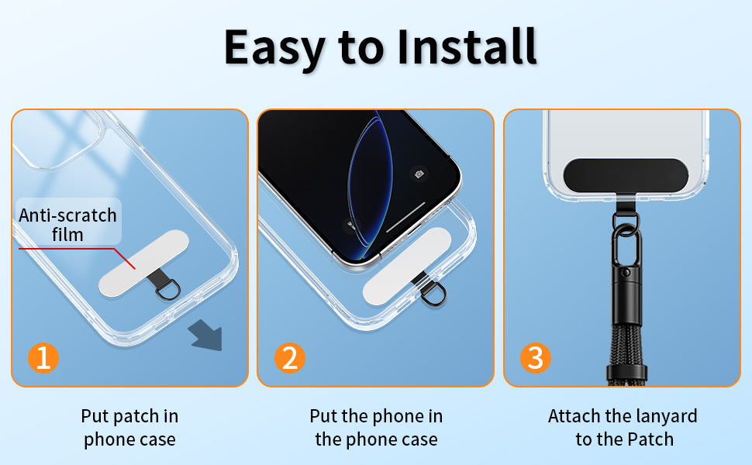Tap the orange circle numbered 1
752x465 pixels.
tap(43, 357)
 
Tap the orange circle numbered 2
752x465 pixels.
tap(290, 357)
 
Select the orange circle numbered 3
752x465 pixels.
tap(536, 357)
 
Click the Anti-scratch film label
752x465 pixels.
tap(67, 225)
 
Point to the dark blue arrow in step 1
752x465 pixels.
tap(205, 335)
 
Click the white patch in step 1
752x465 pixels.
tap(143, 263)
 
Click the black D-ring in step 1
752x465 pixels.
tap(169, 291)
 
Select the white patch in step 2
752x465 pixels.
tap(407, 266)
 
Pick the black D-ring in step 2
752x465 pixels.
tap(434, 295)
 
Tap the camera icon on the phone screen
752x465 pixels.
tap(419, 174)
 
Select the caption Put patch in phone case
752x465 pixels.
tap(129, 428)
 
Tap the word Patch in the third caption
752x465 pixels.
tap(650, 439)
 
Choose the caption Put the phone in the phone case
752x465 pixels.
tap(376, 428)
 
